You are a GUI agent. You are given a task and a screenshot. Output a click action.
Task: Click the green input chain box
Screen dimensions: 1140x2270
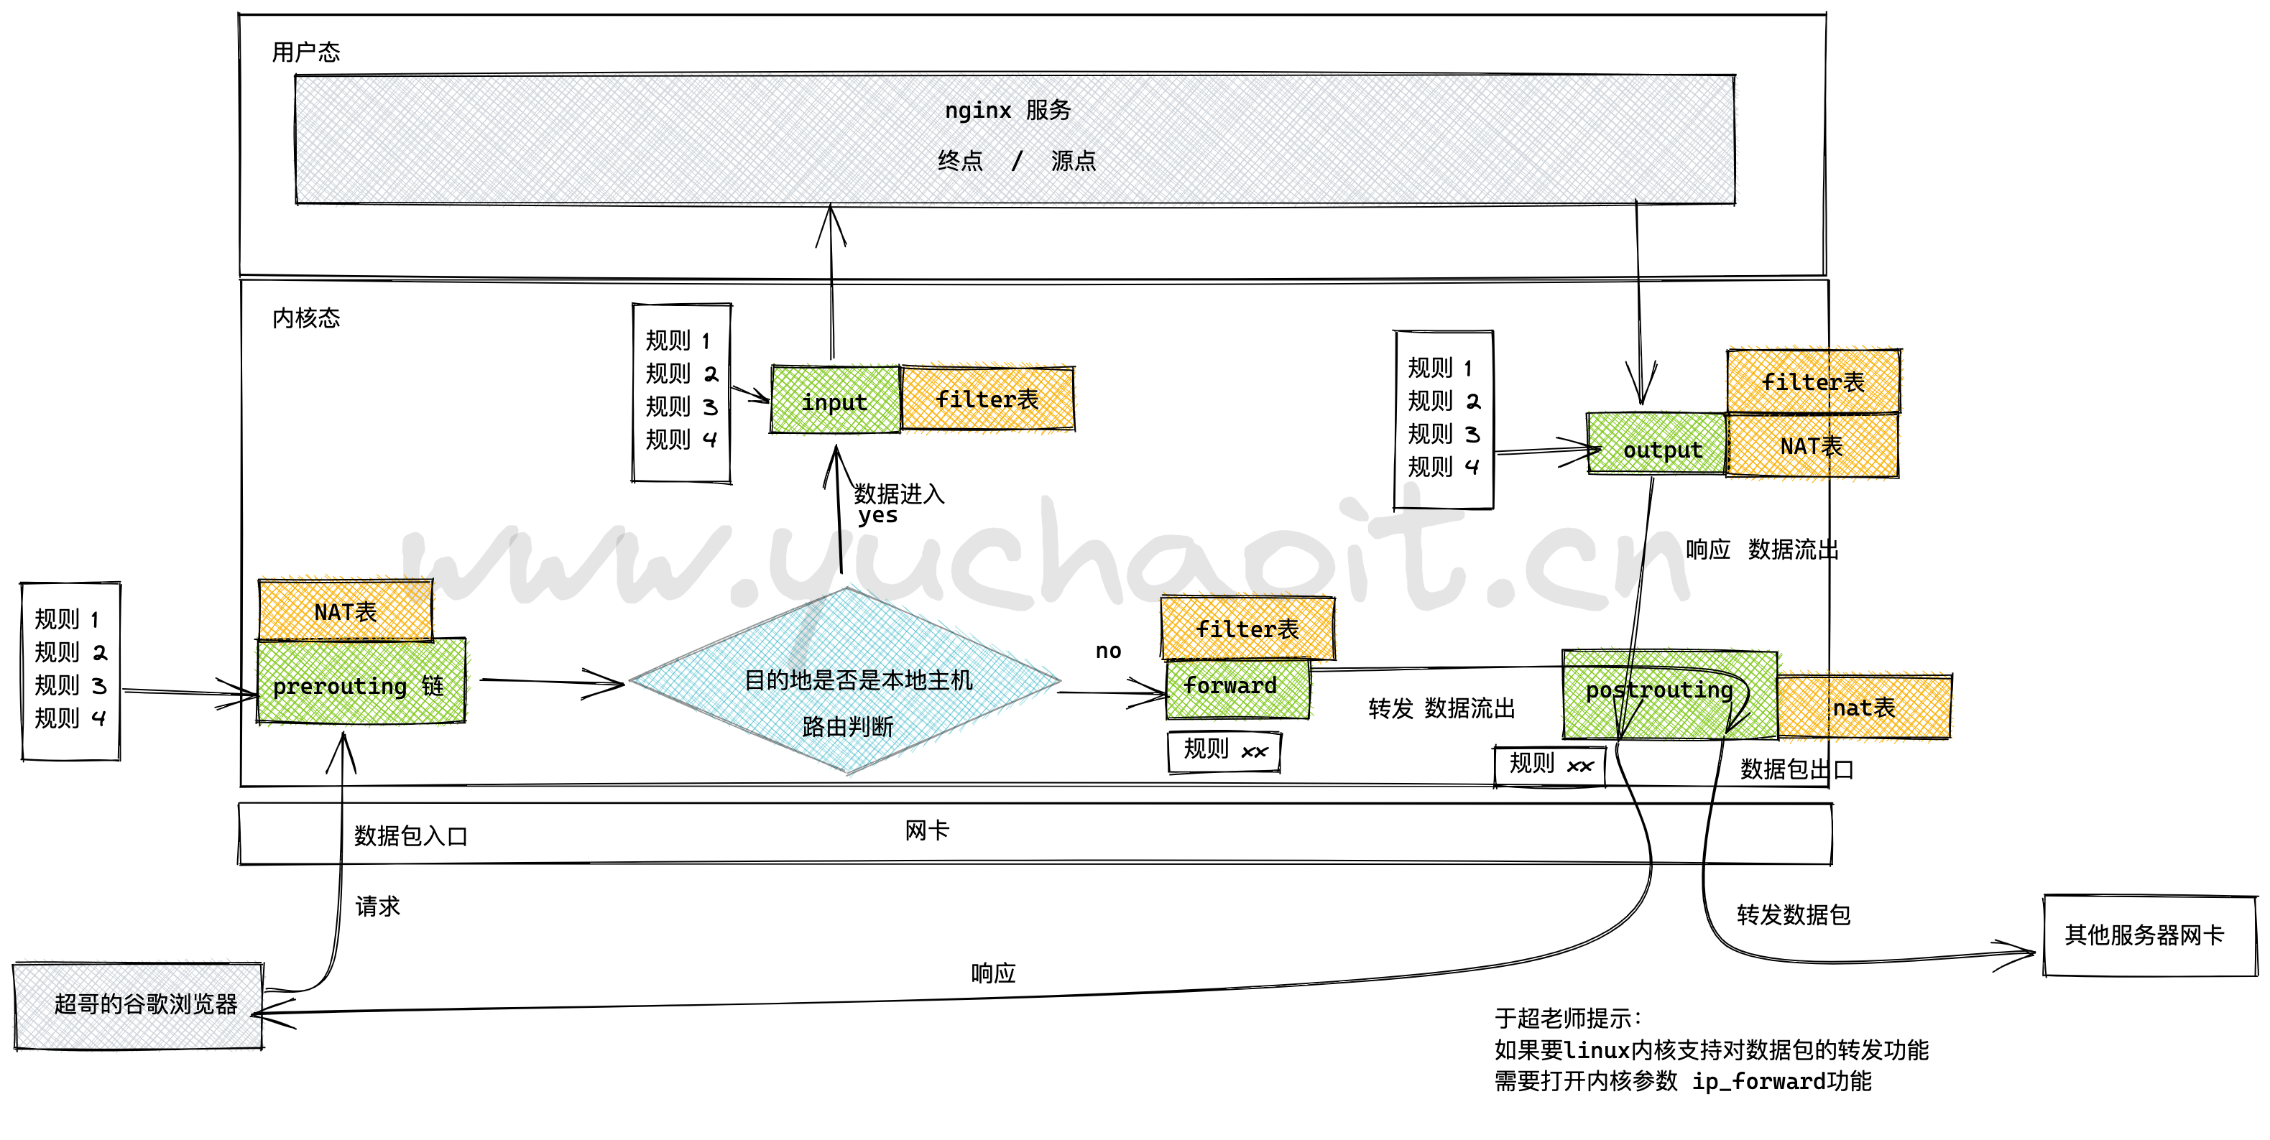(x=834, y=401)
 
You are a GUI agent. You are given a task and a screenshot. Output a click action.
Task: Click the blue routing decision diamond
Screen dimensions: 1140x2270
(x=846, y=681)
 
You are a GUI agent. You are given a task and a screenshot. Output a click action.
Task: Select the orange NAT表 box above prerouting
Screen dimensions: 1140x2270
(x=346, y=610)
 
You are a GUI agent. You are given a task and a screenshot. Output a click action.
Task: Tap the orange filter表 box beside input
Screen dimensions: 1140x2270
(x=987, y=399)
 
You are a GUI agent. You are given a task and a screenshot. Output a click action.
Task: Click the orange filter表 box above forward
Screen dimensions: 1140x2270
(x=1247, y=628)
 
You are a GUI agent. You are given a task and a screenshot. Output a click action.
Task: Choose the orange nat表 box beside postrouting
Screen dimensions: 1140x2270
(x=1864, y=707)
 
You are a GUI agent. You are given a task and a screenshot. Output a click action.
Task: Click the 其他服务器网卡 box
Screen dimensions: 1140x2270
(x=2149, y=935)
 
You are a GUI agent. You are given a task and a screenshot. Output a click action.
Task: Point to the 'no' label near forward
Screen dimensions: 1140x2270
(x=1107, y=650)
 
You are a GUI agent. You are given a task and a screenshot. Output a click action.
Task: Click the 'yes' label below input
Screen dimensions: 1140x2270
(x=877, y=515)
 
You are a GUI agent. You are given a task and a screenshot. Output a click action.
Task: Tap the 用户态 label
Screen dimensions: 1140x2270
(x=306, y=52)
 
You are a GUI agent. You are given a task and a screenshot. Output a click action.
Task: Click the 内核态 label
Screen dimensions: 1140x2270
(x=306, y=318)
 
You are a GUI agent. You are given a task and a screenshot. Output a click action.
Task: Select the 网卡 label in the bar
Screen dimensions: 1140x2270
(x=926, y=830)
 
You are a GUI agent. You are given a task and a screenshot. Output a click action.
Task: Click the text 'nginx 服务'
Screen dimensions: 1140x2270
(x=1007, y=110)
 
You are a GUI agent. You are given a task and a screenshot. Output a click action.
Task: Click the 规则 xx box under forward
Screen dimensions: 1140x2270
(x=1224, y=751)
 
